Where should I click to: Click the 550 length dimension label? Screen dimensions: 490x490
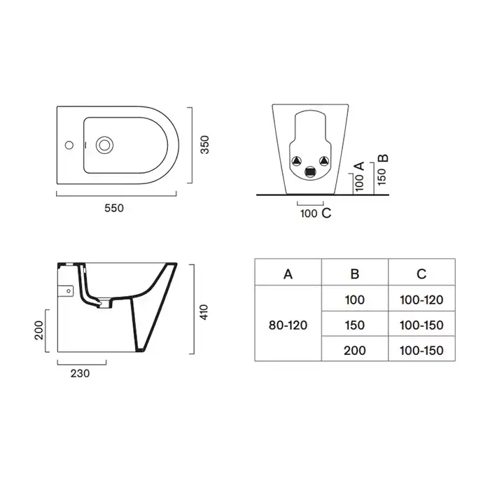[114, 208]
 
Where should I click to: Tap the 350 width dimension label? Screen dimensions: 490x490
[204, 145]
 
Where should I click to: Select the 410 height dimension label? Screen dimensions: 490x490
[204, 312]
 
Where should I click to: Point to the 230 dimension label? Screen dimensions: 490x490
[80, 373]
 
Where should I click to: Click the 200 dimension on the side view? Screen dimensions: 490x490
[39, 330]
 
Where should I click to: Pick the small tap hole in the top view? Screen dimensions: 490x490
[69, 145]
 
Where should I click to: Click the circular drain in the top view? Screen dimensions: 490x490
[104, 145]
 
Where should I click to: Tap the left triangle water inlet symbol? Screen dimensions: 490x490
[297, 161]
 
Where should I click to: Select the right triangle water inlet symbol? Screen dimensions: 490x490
[324, 161]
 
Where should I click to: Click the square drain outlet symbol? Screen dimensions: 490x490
[310, 172]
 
